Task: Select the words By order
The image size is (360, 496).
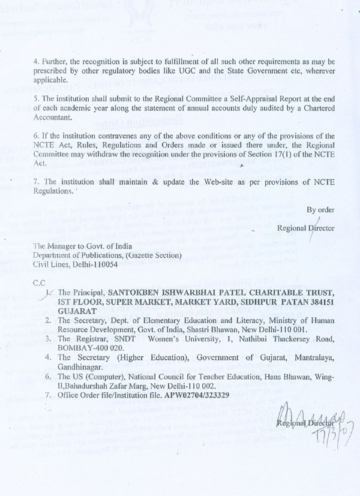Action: click(x=320, y=210)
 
